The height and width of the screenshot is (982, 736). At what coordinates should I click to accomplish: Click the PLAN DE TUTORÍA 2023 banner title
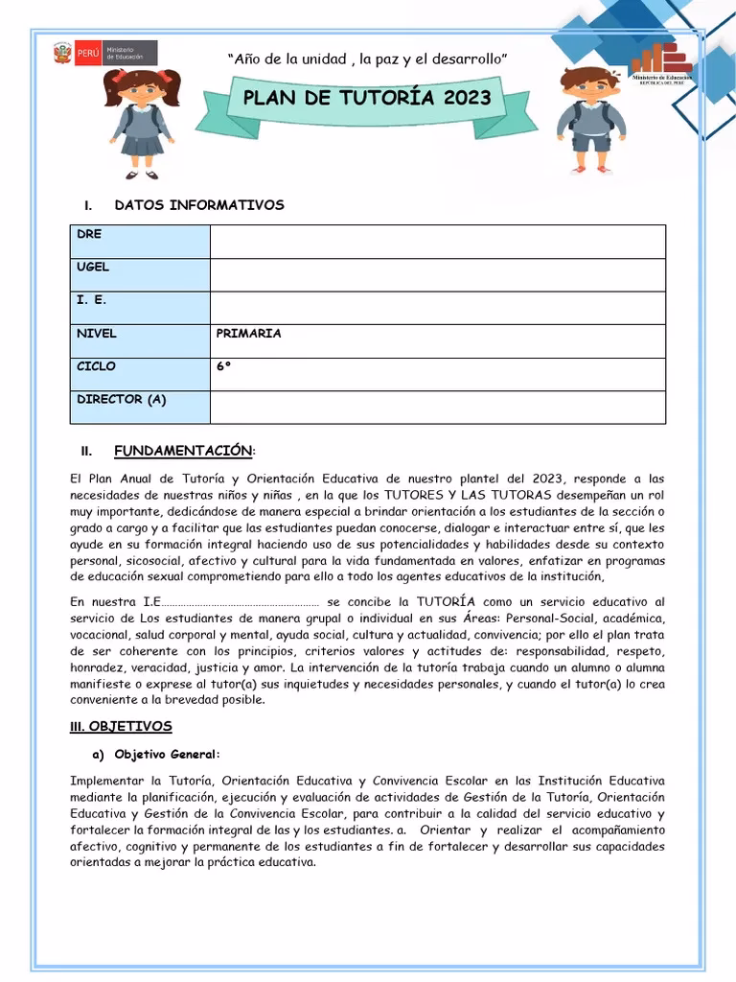(367, 98)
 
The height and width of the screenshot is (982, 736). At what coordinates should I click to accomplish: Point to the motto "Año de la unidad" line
(367, 59)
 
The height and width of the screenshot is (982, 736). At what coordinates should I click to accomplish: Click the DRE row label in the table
(89, 234)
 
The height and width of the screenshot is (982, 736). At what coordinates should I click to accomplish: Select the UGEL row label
(93, 268)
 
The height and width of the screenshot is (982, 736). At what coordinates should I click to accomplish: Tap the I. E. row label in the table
(92, 300)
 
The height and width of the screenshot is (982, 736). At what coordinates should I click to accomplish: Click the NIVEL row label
(97, 334)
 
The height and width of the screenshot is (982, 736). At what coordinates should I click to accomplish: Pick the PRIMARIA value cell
(249, 334)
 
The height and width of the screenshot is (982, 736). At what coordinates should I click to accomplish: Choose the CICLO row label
(96, 366)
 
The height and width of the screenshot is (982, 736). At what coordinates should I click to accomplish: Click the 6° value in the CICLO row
(223, 366)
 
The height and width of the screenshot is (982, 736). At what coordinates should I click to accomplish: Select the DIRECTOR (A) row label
(122, 400)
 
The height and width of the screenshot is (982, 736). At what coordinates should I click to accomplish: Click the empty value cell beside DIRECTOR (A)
(437, 407)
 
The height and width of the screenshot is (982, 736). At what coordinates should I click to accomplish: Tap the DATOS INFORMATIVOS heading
(199, 205)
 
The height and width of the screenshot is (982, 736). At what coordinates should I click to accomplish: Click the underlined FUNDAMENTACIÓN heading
(183, 451)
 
